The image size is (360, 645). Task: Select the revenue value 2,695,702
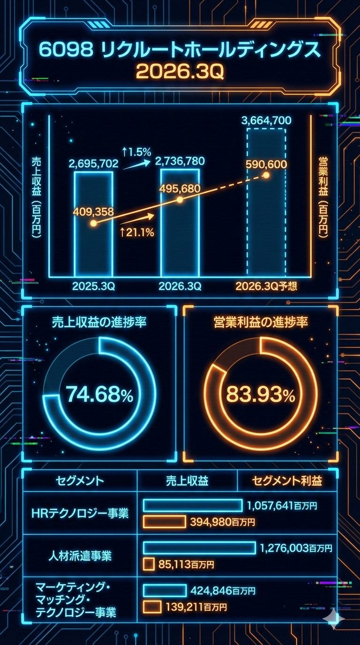[x=93, y=164]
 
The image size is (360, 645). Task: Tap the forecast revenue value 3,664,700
[x=266, y=121]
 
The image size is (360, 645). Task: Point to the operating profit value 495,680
[x=180, y=188]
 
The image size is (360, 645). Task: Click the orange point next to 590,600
[x=266, y=175]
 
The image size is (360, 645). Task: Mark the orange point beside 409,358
[x=93, y=224]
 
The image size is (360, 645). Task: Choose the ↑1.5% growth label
[x=136, y=152]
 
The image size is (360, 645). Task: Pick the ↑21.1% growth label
[x=137, y=232]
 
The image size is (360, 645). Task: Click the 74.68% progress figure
[x=99, y=395]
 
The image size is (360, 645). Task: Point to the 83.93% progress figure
[x=260, y=395]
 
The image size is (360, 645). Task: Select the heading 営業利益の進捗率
[x=260, y=323]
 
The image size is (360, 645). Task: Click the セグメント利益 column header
[x=287, y=480]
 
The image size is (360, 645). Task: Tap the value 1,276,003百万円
[x=295, y=548]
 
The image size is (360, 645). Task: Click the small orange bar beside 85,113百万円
[x=149, y=564]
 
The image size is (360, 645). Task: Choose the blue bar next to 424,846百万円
[x=165, y=590]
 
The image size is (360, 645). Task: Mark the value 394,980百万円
[x=222, y=522]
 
